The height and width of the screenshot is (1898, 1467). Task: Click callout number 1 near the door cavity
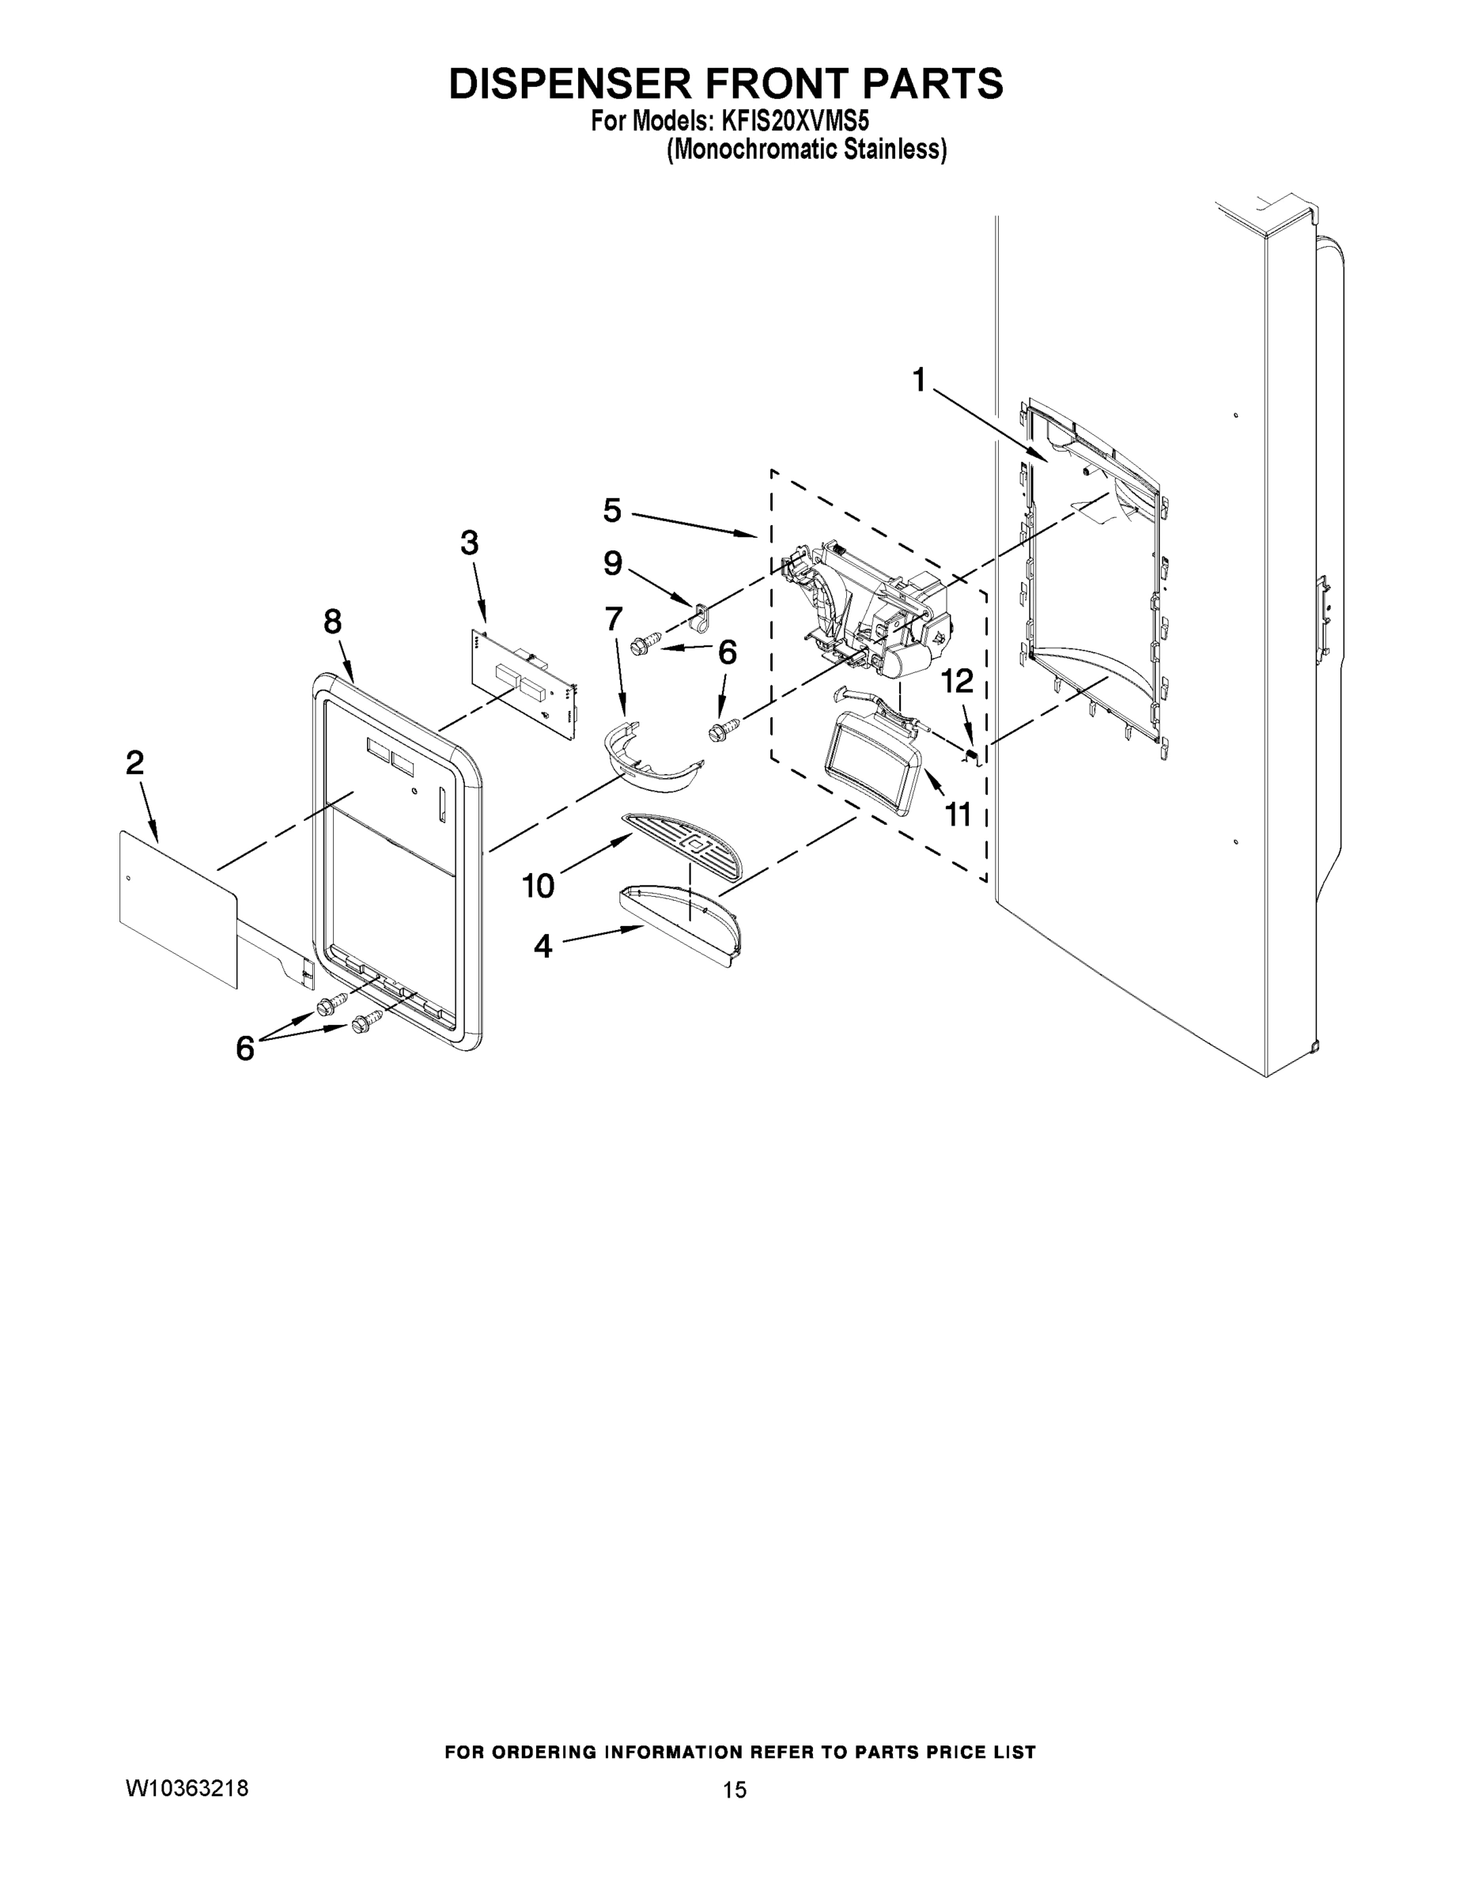click(x=919, y=380)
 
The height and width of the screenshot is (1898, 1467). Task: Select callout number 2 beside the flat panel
click(x=134, y=763)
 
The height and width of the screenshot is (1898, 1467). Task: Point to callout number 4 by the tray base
click(x=543, y=947)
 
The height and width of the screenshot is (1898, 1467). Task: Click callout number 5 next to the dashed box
click(x=613, y=511)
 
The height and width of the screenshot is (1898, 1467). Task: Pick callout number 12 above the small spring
click(x=957, y=682)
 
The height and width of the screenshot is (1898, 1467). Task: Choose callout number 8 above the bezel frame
click(x=333, y=622)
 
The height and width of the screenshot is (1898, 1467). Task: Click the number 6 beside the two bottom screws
click(x=245, y=1049)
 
